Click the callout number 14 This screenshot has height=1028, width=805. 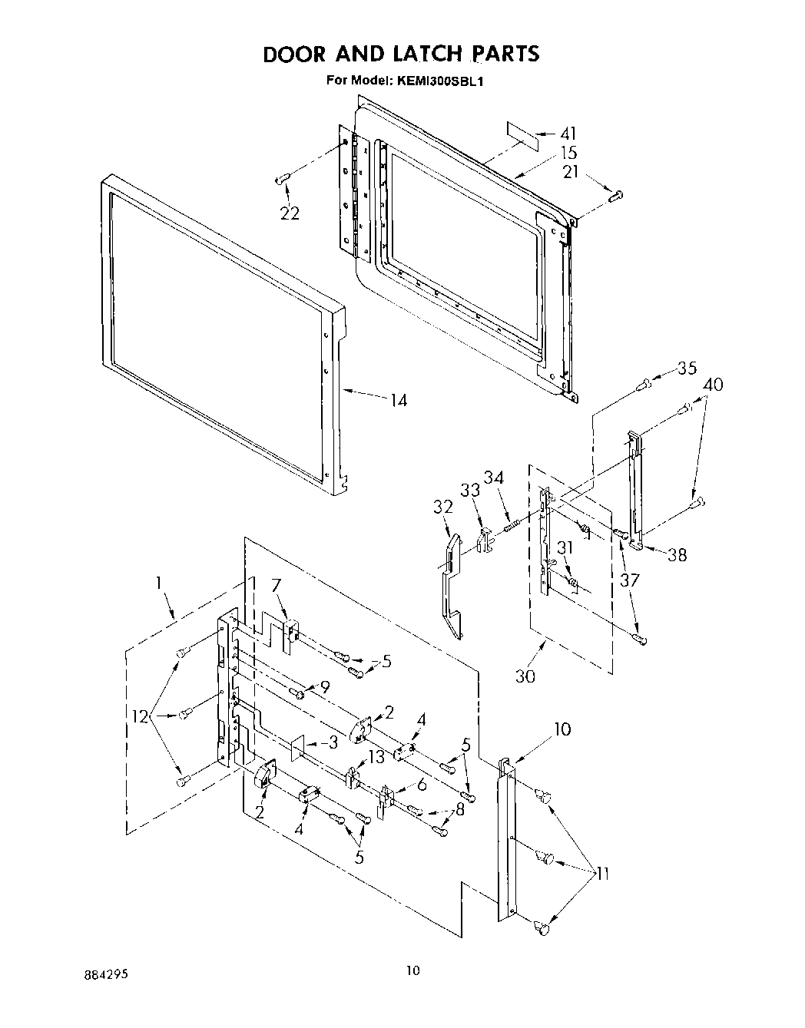click(398, 400)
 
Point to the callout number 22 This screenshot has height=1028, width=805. click(290, 213)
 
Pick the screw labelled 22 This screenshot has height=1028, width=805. click(281, 179)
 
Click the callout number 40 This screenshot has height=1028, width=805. click(713, 384)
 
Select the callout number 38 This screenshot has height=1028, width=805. click(677, 554)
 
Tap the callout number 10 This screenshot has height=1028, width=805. click(562, 729)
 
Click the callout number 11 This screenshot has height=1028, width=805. click(603, 873)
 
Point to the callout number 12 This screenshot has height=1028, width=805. click(141, 718)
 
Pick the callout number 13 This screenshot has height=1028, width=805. click(376, 757)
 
